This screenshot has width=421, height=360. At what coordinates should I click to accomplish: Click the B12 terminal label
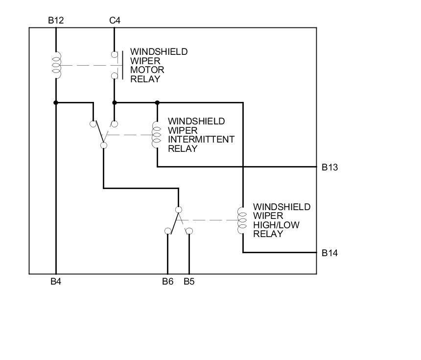[56, 21]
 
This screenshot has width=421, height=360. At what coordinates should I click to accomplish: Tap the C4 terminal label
[115, 21]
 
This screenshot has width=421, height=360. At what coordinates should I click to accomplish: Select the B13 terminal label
[330, 168]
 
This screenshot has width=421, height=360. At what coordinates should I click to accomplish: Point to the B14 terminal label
[330, 253]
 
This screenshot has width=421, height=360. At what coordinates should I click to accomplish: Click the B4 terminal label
[56, 282]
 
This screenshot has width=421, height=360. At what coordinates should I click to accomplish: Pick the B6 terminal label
[168, 282]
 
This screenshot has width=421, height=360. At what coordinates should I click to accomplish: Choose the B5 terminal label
[189, 282]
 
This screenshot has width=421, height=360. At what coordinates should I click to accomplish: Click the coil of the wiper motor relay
[57, 65]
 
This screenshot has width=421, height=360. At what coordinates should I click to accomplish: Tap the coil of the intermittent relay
[157, 135]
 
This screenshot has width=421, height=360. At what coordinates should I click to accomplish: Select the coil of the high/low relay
[242, 220]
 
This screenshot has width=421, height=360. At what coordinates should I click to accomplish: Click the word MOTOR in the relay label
[147, 70]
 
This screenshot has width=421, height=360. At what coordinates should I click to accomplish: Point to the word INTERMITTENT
[201, 140]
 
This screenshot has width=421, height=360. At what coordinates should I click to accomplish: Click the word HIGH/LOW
[276, 225]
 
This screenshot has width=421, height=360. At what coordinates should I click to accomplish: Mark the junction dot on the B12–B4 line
[56, 103]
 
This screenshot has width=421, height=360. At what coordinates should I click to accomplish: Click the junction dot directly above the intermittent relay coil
[157, 103]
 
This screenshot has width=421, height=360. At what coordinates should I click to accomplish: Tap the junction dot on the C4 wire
[115, 103]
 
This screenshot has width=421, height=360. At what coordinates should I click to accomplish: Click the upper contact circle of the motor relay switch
[115, 54]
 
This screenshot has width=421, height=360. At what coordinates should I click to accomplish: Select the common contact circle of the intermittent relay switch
[104, 145]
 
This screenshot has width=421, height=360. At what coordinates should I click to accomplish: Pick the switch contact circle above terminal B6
[167, 231]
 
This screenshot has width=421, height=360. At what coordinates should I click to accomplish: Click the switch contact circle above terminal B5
[189, 231]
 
